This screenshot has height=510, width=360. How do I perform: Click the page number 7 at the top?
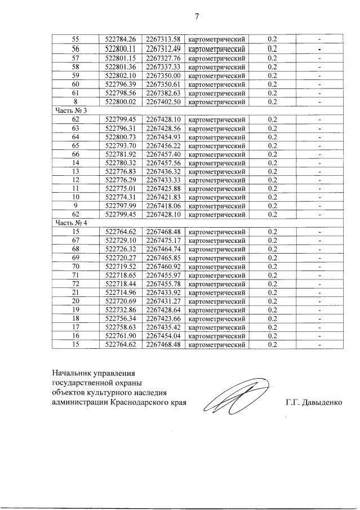197,16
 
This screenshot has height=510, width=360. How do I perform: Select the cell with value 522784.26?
121,39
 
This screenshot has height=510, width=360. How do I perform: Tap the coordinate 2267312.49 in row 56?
163,48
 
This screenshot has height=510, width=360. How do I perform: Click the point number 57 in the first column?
76,57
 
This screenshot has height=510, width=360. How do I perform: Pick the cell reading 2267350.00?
163,76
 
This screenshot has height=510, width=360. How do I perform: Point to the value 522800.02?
121,102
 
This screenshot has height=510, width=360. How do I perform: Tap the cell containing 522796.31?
121,128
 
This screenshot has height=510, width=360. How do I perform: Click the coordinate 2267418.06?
163,206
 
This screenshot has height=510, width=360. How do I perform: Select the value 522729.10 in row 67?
121,240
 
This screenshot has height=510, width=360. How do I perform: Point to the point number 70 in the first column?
76,266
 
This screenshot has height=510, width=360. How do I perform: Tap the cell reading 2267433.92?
163,292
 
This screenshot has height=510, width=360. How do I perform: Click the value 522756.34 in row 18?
121,318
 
